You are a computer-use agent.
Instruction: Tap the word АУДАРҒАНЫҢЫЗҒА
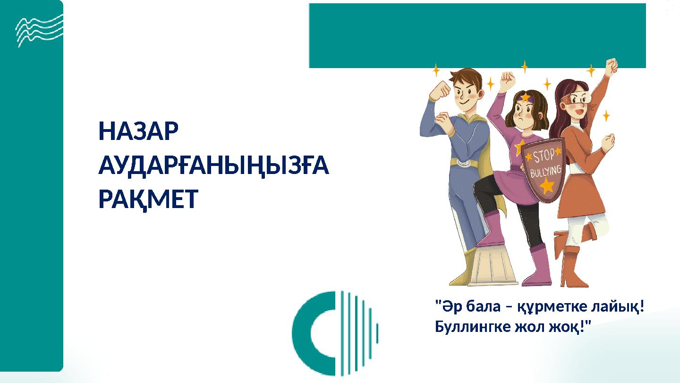(x=213, y=166)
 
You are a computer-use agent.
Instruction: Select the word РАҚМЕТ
(x=148, y=200)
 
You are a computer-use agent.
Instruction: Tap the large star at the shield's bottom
(x=547, y=185)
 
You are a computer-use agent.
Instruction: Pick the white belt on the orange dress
(x=579, y=169)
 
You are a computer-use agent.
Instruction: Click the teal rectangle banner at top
(x=477, y=35)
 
